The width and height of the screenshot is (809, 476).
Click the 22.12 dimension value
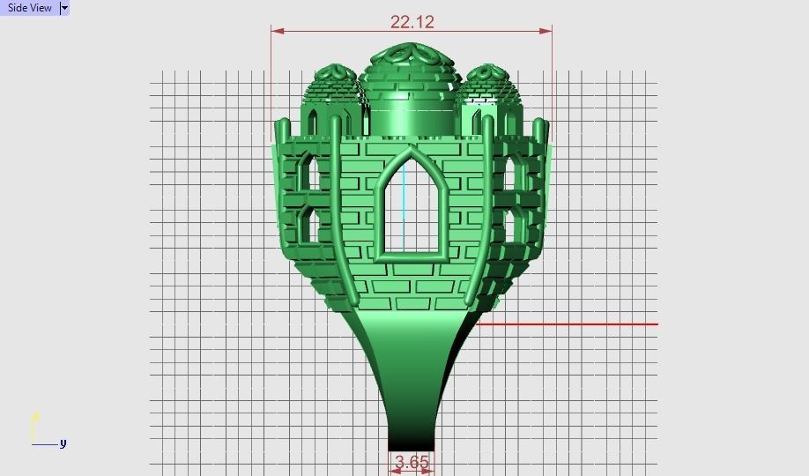[x=412, y=21]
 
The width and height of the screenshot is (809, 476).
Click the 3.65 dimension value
[x=412, y=462]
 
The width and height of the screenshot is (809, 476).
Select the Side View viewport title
[x=29, y=8]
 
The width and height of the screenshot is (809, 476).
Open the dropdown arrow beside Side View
[x=64, y=8]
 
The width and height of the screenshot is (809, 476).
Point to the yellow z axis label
[x=35, y=416]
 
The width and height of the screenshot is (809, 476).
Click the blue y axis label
[x=63, y=443]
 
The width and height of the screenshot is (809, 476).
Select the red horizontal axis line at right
[x=573, y=324]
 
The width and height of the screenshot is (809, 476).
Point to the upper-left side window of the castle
[x=306, y=172]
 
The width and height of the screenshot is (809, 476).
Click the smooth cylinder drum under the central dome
[x=411, y=116]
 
